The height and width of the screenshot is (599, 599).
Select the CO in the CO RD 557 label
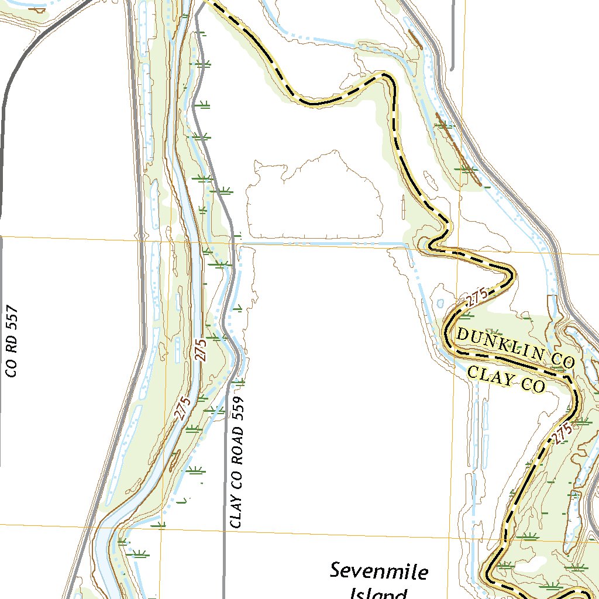pos(12,367)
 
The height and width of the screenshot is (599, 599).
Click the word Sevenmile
pos(378,572)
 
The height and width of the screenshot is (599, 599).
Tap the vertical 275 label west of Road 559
pos(201,350)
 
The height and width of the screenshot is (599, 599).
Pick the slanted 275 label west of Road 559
pos(183,408)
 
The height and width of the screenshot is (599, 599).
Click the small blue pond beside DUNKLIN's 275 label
pos(440,304)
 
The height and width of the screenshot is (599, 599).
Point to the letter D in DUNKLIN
pos(462,335)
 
